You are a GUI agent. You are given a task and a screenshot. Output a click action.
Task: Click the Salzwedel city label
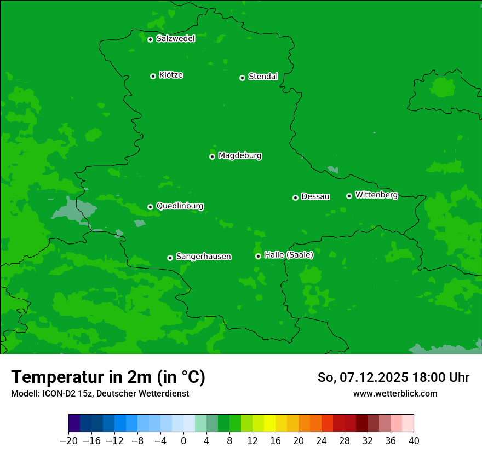coord(175,39)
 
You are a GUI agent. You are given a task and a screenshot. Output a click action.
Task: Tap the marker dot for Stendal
coord(242,78)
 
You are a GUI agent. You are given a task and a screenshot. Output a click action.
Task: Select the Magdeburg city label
coord(240,156)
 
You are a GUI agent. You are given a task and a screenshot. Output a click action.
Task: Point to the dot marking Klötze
coord(153,76)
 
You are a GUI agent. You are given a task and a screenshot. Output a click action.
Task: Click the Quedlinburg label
coord(180,206)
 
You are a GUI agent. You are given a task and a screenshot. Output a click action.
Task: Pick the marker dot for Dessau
coord(295,197)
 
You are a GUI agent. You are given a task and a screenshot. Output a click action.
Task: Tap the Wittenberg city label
coord(376,195)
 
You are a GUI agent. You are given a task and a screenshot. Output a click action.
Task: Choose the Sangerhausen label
coord(203,257)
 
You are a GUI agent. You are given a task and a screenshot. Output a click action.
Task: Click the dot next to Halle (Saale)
coord(258,256)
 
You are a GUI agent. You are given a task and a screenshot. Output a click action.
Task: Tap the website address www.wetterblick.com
coord(395,393)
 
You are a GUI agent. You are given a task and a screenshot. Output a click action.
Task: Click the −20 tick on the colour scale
coord(68,441)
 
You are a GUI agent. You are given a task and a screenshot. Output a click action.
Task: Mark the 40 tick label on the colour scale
coord(414,441)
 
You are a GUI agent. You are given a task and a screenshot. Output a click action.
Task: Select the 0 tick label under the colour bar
coord(183,441)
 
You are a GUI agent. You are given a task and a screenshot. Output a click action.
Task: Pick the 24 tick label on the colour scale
coord(322,441)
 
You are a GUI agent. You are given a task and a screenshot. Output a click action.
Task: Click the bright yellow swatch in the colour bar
coord(269,423)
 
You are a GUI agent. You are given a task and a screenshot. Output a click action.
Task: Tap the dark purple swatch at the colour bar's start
coord(74,423)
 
